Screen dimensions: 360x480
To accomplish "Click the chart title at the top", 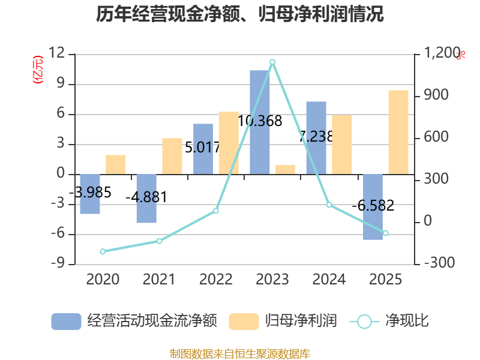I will coord(240,14).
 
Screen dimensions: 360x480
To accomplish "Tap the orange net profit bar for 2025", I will coord(398,132).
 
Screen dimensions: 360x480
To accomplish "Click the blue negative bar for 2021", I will coord(146,199).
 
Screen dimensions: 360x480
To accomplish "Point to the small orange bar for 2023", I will coord(286,169).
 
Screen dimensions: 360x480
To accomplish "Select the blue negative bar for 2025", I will coord(373,207).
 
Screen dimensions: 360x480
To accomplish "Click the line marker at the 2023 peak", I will coord(272,62).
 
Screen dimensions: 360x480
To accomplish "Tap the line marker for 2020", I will coord(103,251).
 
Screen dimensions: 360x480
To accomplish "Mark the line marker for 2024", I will coord(329,205).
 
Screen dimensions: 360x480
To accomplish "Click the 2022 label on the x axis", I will coord(216,280).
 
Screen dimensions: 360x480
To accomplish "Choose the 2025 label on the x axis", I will coord(385,280).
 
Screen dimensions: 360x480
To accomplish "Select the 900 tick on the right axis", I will coord(437,96).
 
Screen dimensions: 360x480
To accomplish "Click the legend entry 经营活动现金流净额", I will coord(133,321).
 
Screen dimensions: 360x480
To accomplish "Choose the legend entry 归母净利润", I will coord(283,321).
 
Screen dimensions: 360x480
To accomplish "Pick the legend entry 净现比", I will coord(390,321).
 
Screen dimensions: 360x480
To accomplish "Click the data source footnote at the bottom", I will coord(240,353).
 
